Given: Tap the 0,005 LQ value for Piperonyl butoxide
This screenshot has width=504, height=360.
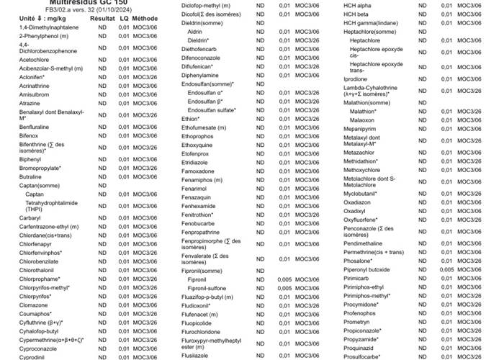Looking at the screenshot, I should [x=447, y=269].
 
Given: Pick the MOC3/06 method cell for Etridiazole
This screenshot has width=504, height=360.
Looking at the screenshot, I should [x=307, y=163].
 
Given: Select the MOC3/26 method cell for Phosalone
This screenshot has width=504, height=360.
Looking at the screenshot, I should [x=469, y=261].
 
